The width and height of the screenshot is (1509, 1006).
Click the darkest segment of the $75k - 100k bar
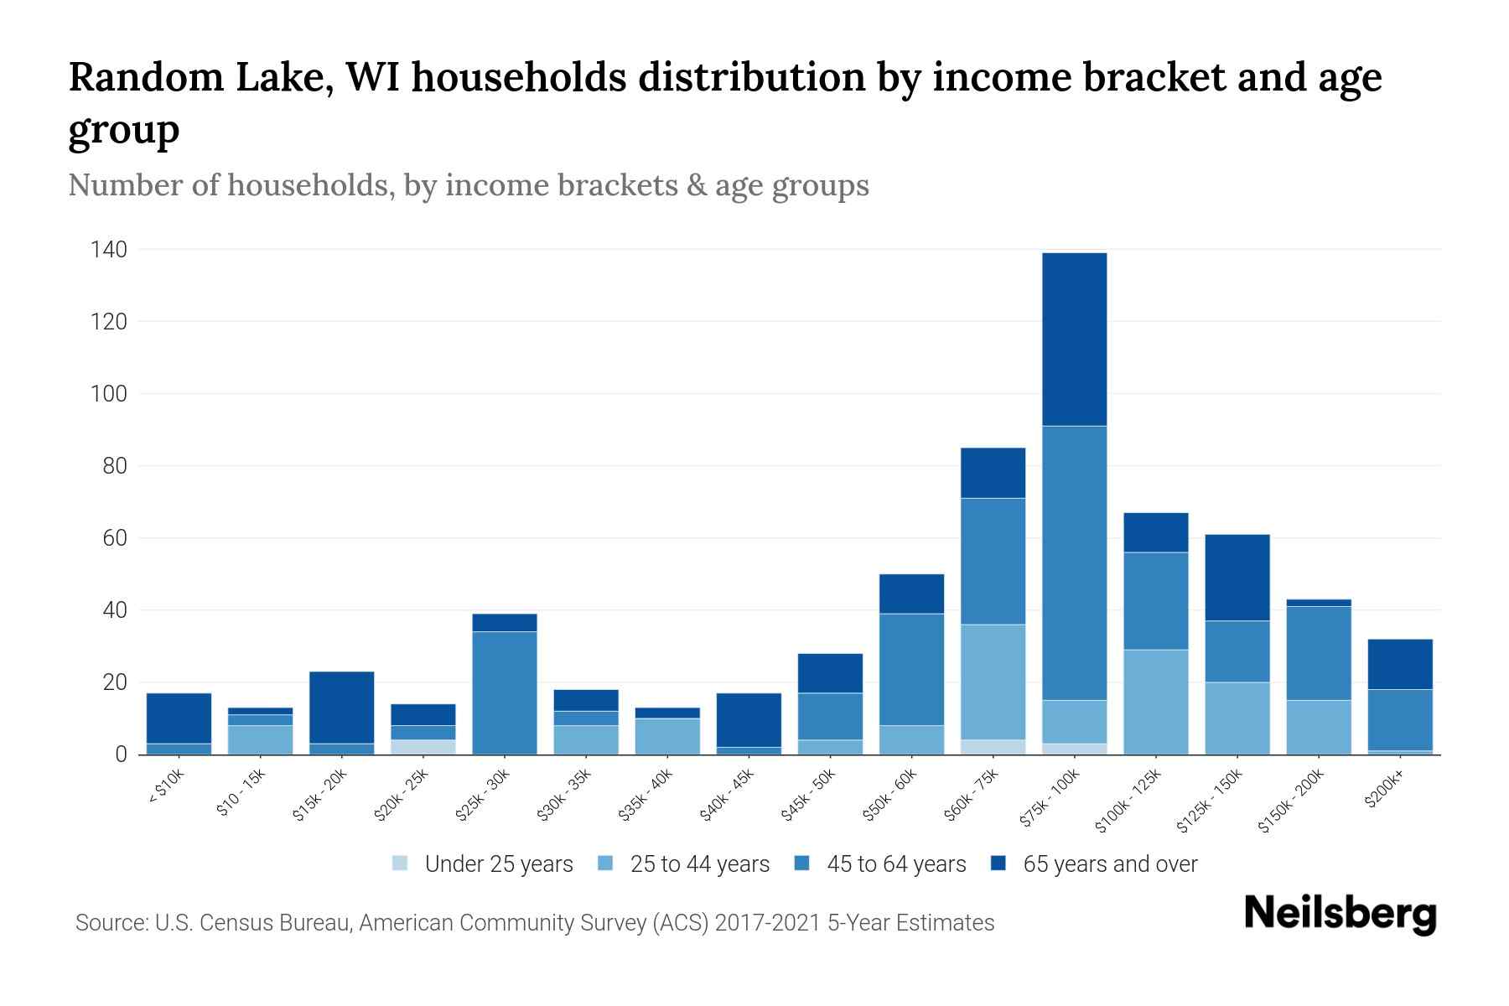point(1074,339)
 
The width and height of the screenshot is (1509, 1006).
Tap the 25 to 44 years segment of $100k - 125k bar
point(1155,702)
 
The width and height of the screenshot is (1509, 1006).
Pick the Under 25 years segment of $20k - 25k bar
point(423,747)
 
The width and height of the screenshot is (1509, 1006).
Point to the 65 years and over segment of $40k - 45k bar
point(749,719)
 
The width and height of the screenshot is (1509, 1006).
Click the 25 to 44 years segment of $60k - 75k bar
point(993,682)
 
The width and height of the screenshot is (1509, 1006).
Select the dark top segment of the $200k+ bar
point(1399,664)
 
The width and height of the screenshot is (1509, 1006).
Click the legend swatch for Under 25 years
point(401,863)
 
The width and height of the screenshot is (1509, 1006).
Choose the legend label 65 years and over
point(1109,863)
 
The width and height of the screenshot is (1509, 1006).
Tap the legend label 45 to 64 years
point(895,863)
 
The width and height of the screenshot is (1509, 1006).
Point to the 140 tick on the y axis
point(110,250)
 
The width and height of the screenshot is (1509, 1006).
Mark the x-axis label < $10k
point(166,788)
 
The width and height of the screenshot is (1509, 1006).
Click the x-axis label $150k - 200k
point(1291,801)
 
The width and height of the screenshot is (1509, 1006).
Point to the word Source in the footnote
point(110,923)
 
